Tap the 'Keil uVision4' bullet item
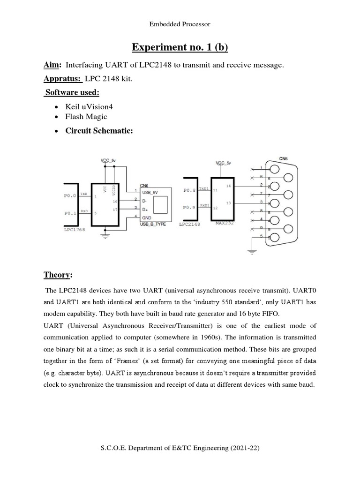tap(92, 107)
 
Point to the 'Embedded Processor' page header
tap(180, 24)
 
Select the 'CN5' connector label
tap(283, 158)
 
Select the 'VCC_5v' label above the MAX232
tap(224, 163)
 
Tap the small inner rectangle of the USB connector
tap(160, 204)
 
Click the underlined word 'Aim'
tap(52, 66)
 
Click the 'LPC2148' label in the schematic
tap(189, 225)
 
